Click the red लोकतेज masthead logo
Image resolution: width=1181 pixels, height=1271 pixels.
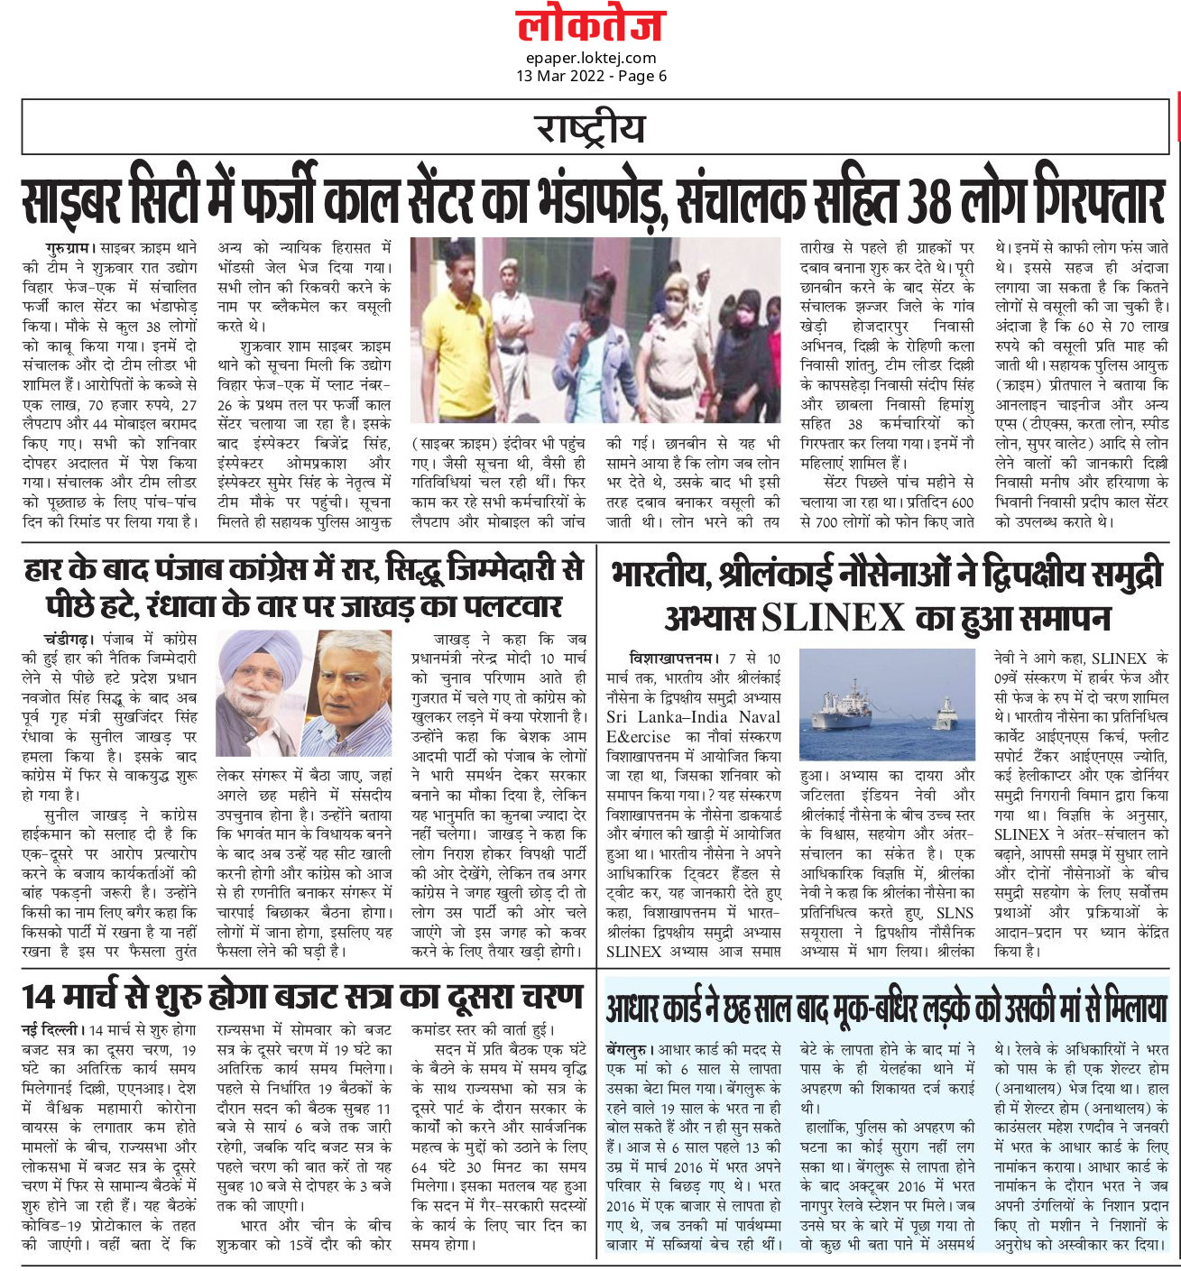(x=590, y=25)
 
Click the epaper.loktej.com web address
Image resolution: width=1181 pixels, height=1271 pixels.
(x=591, y=58)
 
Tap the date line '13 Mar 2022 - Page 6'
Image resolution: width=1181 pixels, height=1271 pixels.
(x=591, y=76)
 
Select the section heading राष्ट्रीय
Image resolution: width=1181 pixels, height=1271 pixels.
(x=590, y=127)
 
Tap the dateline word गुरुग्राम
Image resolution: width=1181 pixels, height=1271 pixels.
(x=68, y=247)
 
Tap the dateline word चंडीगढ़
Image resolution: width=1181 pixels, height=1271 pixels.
(x=68, y=639)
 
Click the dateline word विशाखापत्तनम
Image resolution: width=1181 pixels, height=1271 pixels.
(x=673, y=659)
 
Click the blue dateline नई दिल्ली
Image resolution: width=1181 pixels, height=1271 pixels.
(x=52, y=1029)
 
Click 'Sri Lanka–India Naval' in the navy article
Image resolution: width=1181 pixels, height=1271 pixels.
(x=693, y=717)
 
